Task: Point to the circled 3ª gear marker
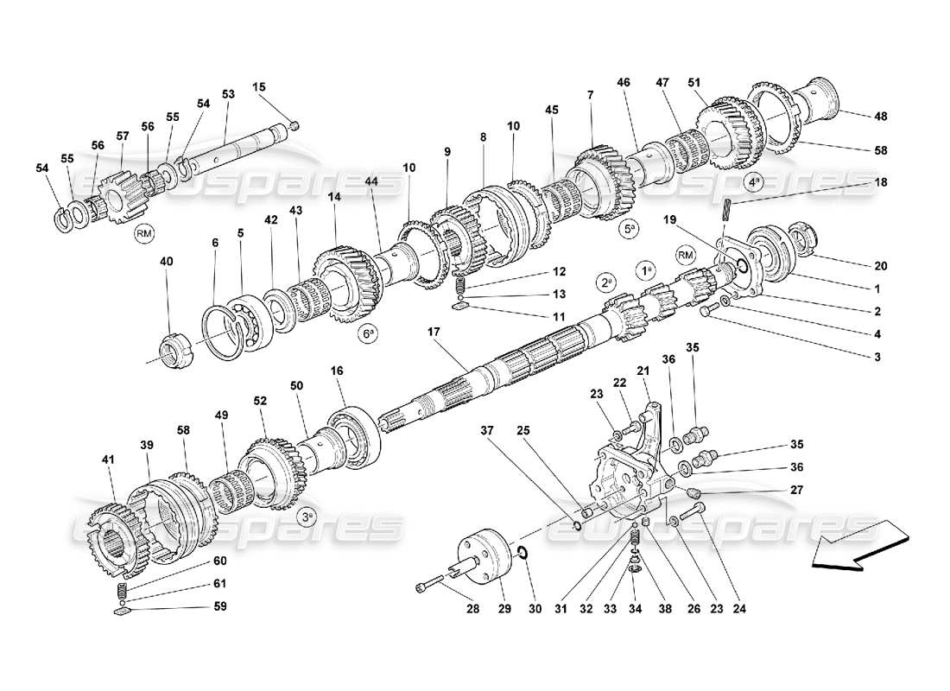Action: tap(307, 517)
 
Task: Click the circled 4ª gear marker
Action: tap(755, 183)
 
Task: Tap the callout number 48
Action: tap(880, 116)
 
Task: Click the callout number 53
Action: tap(228, 93)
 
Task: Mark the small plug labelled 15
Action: tap(294, 126)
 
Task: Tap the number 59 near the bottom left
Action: tap(219, 606)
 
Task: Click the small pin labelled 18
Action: tap(729, 209)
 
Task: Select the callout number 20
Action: tap(880, 265)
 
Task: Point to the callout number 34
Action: tap(634, 606)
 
